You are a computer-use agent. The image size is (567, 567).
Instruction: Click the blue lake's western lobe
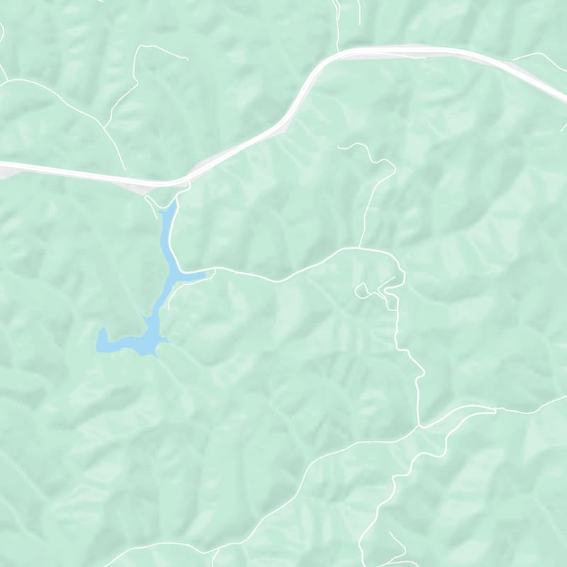click(105, 340)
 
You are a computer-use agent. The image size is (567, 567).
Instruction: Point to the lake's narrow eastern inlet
click(198, 275)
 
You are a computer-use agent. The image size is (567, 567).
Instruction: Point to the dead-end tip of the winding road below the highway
click(339, 147)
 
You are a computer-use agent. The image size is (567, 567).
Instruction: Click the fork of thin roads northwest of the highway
click(106, 126)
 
